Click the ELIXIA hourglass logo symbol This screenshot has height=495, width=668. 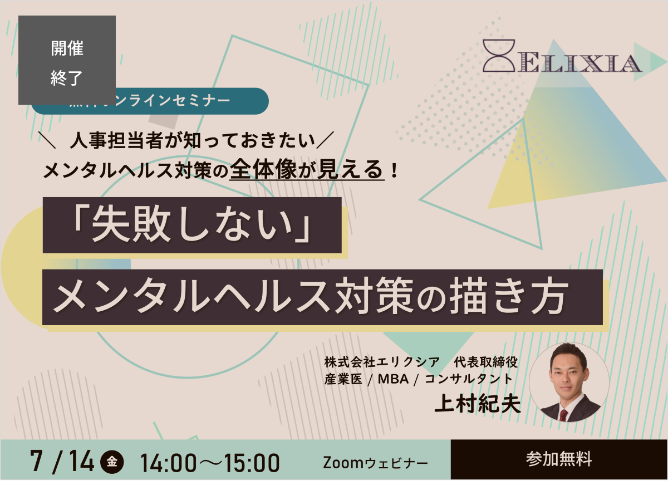click(499, 55)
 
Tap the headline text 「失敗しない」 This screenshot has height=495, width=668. click(192, 226)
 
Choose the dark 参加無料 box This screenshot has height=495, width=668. click(559, 459)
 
